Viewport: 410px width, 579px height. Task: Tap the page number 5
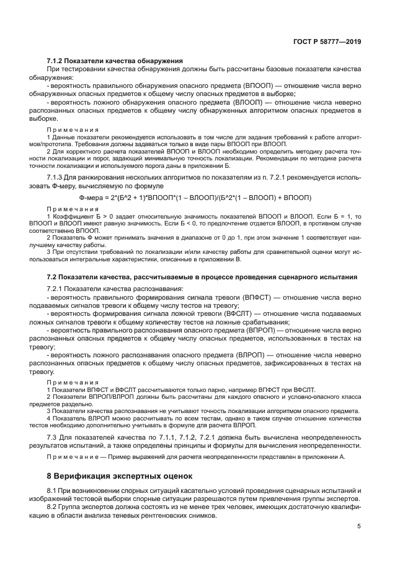coord(359,527)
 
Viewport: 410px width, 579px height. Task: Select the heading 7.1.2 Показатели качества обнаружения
coord(115,61)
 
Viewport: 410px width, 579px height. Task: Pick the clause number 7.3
coord(52,437)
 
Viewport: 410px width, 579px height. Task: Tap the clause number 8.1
coord(52,490)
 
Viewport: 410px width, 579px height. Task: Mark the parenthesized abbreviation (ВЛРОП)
coord(252,354)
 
